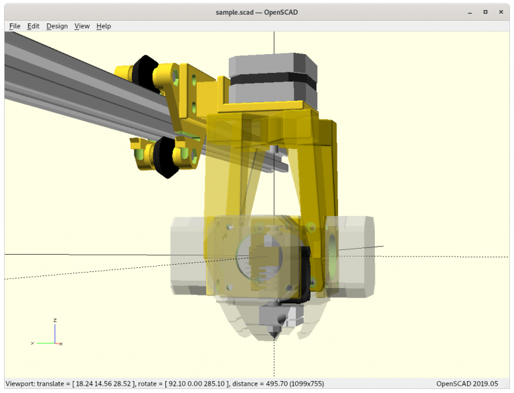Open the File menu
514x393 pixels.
click(x=15, y=26)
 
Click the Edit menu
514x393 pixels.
click(x=33, y=26)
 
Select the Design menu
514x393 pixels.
click(x=57, y=26)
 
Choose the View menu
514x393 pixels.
click(x=82, y=26)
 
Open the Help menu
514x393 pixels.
click(x=104, y=26)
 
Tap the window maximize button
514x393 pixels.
click(x=485, y=11)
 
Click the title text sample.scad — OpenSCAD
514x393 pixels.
click(x=256, y=11)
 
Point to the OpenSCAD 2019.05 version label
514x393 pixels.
click(x=467, y=384)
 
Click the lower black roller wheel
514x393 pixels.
click(x=164, y=157)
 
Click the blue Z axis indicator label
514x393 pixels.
click(x=55, y=320)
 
